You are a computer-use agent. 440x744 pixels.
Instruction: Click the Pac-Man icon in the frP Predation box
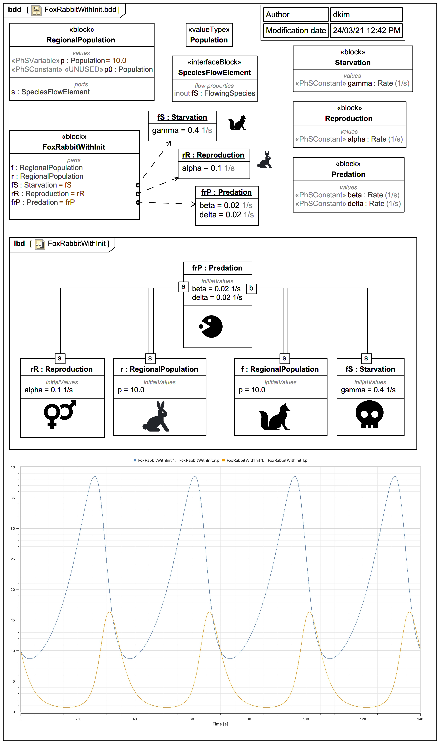[211, 327]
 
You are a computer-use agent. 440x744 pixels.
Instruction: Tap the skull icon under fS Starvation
[369, 414]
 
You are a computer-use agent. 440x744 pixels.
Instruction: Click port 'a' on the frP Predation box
[183, 287]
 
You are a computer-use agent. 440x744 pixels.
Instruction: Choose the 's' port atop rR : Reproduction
[60, 358]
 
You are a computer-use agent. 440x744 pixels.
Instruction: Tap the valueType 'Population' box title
[209, 40]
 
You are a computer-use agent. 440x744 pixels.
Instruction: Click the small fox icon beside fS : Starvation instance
[238, 123]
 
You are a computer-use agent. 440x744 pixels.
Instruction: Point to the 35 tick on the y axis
[13, 498]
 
